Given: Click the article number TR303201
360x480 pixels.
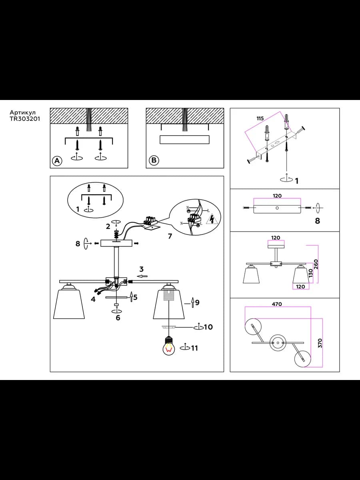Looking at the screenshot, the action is (x=25, y=119).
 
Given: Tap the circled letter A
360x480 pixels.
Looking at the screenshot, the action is (x=57, y=161).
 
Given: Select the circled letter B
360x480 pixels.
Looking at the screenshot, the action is (x=154, y=160).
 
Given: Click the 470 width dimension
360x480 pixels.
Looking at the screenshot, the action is (x=277, y=304).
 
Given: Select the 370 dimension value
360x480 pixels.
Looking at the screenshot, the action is (x=320, y=343).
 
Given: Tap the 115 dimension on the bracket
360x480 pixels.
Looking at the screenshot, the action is (x=260, y=118).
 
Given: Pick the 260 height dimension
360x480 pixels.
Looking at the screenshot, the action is (x=316, y=264).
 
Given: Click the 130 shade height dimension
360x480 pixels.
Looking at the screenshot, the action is (x=311, y=273).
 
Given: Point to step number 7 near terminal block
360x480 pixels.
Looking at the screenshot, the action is (x=170, y=236).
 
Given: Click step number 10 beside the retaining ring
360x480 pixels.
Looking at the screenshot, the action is (x=208, y=327).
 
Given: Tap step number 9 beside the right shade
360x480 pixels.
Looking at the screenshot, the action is (x=197, y=302).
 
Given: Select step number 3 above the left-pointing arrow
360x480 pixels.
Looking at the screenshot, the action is (x=142, y=269).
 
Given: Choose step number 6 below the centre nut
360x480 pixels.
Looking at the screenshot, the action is (x=118, y=318).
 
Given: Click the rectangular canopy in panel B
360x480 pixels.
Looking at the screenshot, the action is (x=184, y=140).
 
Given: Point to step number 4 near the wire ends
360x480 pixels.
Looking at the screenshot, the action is (x=93, y=299).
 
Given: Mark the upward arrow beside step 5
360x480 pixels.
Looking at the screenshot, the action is (x=131, y=297).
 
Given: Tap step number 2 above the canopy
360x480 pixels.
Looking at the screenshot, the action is (x=108, y=226).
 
